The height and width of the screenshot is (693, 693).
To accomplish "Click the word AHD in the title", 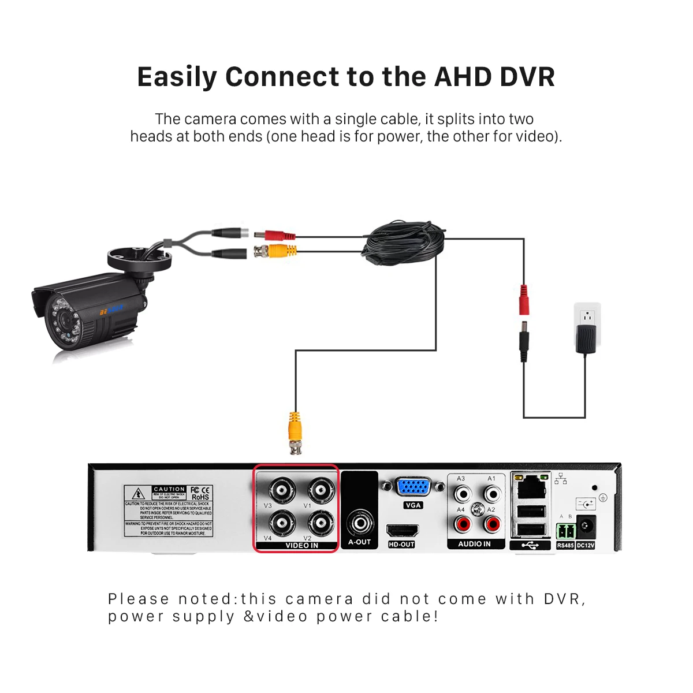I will [463, 77].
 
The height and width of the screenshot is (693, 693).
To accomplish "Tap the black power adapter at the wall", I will [587, 338].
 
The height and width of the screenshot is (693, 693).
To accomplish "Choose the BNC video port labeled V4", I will [281, 524].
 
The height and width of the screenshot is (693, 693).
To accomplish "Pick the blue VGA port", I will [413, 487].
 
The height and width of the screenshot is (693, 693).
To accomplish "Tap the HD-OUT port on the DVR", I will [401, 531].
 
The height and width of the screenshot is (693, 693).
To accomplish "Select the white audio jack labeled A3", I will [462, 494].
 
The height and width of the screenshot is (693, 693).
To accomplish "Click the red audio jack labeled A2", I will [492, 524].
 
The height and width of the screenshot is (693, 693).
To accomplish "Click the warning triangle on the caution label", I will [139, 494].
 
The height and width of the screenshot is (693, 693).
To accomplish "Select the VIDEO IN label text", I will [301, 546].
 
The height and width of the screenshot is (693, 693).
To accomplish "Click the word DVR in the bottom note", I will [564, 599].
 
